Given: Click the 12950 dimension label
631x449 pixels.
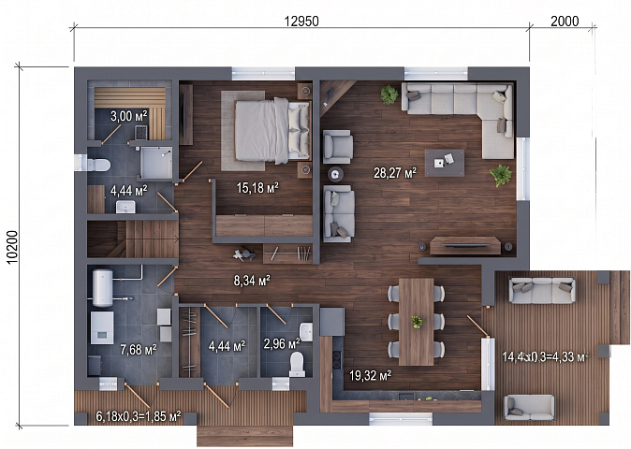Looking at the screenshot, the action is point(301,21).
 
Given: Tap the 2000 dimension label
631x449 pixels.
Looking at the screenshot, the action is point(565,21).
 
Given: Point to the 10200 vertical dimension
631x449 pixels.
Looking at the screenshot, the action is point(13,247).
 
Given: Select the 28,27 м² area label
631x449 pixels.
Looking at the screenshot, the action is point(395,173).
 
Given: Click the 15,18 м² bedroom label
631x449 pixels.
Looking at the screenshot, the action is point(257,187).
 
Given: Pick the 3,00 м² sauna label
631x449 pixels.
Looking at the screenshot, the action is point(129,116).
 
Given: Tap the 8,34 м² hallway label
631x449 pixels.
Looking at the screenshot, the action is point(252,281).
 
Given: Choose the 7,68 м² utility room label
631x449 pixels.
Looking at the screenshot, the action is point(139,349).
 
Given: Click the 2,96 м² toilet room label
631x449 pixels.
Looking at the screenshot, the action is point(282,343).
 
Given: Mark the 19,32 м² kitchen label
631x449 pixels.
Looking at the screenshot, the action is point(370,376).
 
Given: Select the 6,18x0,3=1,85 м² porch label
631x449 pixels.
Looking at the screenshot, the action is point(138,416).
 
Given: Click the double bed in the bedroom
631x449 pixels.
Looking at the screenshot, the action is point(272,130).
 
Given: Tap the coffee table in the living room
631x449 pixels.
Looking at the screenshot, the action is point(445,163).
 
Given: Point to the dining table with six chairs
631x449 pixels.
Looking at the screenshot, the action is point(416,322).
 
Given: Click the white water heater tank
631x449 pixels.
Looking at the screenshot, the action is point(103,288).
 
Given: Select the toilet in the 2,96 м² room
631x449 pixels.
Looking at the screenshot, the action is point(297,364).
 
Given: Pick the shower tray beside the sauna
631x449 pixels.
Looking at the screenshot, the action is point(156,163).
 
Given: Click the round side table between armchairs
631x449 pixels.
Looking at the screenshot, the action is point(335,174).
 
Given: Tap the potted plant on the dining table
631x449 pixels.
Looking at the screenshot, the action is point(417,322).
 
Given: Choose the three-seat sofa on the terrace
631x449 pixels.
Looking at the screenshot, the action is point(542,290).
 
